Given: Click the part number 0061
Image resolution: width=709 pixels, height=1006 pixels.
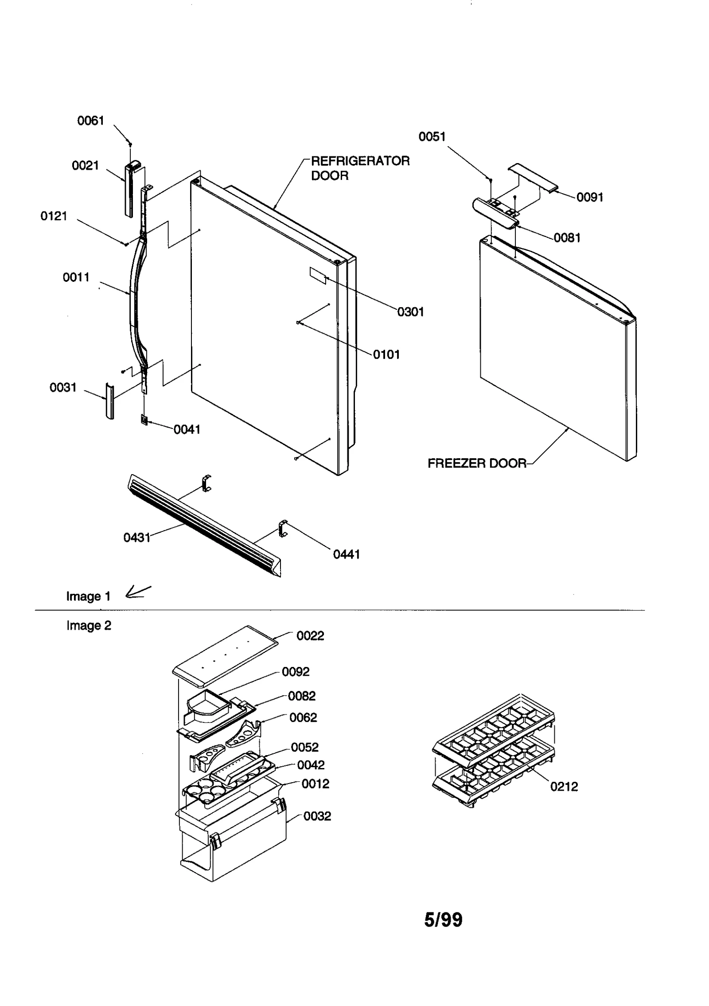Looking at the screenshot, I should (x=90, y=121).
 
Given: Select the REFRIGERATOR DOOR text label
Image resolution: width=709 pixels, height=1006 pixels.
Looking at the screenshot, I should (x=360, y=168).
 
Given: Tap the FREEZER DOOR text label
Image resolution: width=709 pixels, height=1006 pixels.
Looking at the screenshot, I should (x=477, y=464).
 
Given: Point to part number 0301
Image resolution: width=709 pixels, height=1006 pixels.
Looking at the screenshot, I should (x=410, y=312).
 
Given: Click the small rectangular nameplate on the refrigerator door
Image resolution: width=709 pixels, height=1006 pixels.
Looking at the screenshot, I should (x=318, y=275).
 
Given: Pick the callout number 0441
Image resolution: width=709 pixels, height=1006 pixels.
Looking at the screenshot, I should (x=346, y=554).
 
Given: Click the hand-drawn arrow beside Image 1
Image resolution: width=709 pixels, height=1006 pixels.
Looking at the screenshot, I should (x=138, y=592).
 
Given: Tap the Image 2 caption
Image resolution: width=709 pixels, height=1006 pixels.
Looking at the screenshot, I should (x=89, y=625).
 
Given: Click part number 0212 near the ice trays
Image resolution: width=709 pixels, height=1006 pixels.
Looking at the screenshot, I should (x=564, y=787).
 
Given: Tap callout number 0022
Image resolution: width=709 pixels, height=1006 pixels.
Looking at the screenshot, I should (x=310, y=636).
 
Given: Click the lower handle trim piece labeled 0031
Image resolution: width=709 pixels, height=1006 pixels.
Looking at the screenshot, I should (x=109, y=401).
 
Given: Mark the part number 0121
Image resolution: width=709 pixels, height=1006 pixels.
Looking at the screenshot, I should (x=54, y=216).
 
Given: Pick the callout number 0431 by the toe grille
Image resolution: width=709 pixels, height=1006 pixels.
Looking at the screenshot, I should (x=136, y=538).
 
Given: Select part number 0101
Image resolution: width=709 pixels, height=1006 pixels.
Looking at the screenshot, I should (x=386, y=355).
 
